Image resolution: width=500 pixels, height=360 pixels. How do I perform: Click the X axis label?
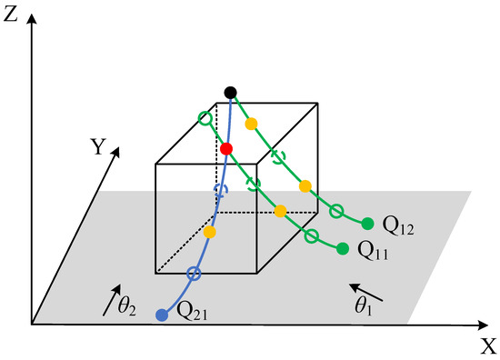[488, 345]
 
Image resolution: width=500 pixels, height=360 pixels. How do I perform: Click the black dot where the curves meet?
[231, 92]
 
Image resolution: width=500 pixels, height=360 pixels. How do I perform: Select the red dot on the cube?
[226, 148]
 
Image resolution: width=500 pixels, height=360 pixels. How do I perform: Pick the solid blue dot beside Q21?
[162, 315]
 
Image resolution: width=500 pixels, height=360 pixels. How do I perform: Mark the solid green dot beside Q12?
[367, 224]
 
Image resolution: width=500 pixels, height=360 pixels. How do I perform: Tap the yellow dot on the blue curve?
[210, 233]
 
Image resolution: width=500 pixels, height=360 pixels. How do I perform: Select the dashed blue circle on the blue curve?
[218, 190]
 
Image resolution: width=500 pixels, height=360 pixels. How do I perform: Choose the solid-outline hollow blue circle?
[193, 273]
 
